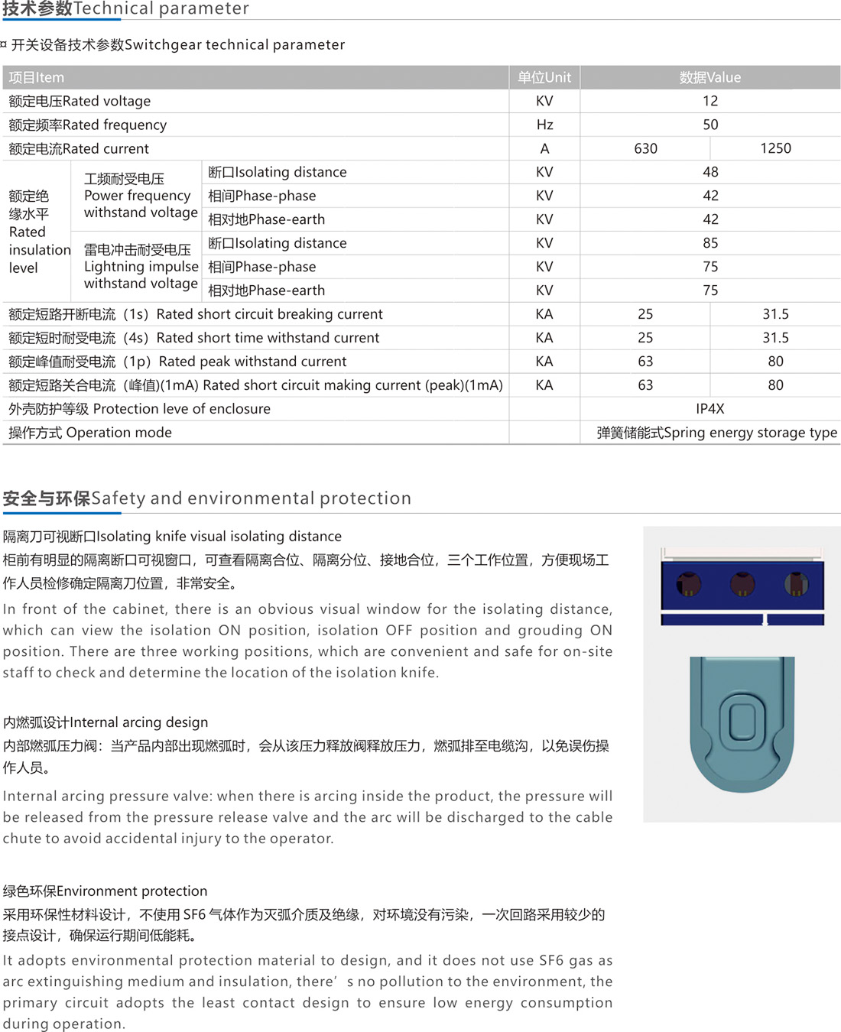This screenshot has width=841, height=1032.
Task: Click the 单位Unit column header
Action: [x=544, y=77]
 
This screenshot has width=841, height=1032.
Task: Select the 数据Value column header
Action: [x=709, y=77]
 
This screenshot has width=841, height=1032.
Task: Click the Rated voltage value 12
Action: [x=709, y=101]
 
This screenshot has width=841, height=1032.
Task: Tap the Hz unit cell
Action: [x=544, y=125]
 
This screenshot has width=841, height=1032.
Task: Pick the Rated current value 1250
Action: [x=775, y=148]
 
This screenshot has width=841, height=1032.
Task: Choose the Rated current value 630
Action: [x=645, y=148]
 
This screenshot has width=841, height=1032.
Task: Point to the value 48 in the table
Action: [x=710, y=172]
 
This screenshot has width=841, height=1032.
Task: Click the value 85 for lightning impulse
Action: [x=710, y=243]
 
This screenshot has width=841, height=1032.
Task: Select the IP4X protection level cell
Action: [x=709, y=409]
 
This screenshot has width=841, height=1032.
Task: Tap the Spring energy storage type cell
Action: [x=716, y=433]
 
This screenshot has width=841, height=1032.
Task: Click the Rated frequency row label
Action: [x=87, y=125]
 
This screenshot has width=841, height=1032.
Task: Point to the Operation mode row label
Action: [x=89, y=433]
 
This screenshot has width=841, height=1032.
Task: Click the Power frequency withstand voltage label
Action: [x=140, y=196]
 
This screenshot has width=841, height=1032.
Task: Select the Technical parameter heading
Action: [x=125, y=9]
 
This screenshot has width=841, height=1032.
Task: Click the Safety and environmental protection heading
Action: [x=206, y=498]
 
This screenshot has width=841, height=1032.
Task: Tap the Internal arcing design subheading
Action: [x=106, y=722]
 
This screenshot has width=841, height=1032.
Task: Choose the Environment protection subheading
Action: [x=105, y=891]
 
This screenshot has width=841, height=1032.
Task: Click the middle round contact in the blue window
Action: [x=742, y=585]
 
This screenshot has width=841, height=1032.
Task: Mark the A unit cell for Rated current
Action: [x=544, y=148]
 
